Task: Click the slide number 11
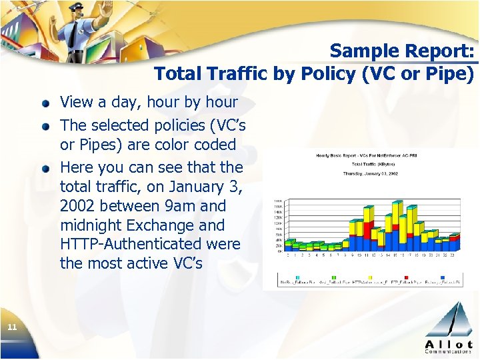pyautogui.click(x=11, y=326)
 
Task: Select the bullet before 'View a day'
pyautogui.click(x=45, y=103)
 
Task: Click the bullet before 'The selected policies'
pyautogui.click(x=45, y=126)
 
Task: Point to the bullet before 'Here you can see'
pyautogui.click(x=45, y=168)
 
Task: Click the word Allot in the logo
pyautogui.click(x=449, y=343)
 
